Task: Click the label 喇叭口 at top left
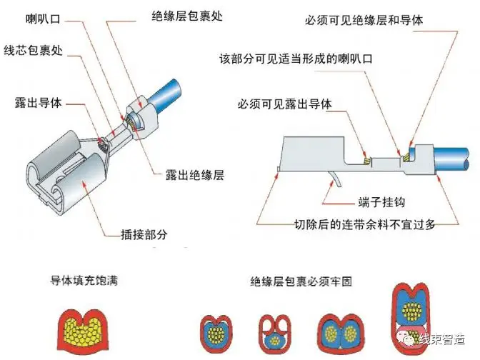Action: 43,19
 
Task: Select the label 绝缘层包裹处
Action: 187,16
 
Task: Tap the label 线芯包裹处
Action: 34,50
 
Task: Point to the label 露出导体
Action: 39,103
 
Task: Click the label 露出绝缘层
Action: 195,175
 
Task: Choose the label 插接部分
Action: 144,234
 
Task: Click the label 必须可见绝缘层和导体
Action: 364,21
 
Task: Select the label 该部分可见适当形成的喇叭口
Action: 296,59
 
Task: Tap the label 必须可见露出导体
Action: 285,104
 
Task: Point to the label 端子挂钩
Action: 381,202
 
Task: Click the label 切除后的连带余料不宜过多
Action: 364,224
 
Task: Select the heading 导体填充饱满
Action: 84,281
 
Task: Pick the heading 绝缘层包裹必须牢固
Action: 301,281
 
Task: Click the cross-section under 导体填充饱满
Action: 83,329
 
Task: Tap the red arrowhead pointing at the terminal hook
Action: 332,182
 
